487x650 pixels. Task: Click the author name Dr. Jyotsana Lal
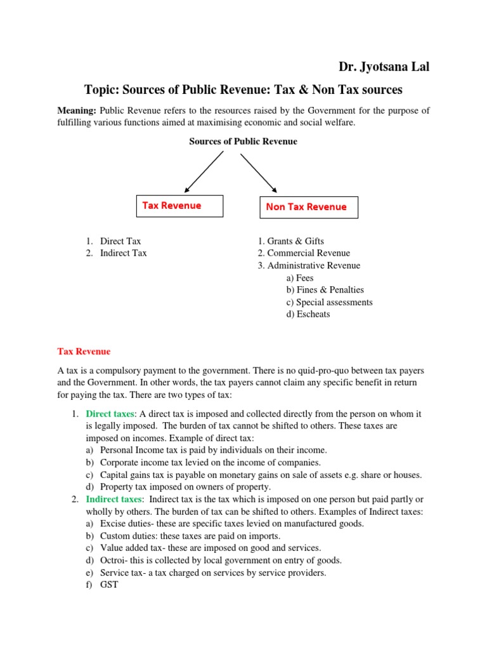[x=384, y=67]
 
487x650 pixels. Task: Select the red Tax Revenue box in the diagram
[x=180, y=206]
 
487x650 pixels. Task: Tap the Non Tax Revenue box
[x=308, y=207]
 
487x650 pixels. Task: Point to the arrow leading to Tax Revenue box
[x=204, y=171]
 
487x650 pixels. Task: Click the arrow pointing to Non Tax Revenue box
[x=259, y=171]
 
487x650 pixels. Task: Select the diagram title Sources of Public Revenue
[x=243, y=142]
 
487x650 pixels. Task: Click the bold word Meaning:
[x=77, y=110]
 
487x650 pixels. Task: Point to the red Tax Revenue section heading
[x=84, y=351]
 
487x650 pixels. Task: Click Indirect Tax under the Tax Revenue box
[x=123, y=253]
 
